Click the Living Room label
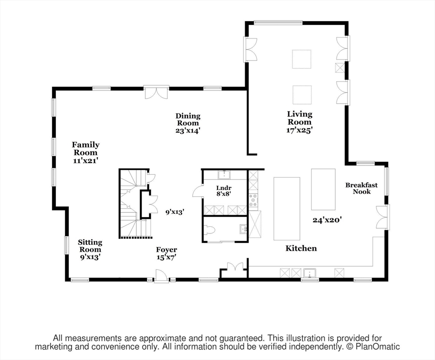point(300,118)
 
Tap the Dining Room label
point(188,120)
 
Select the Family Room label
point(85,149)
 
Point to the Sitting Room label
point(90,246)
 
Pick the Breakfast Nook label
point(361,188)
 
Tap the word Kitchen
point(301,248)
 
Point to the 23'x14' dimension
point(188,131)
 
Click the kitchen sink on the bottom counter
point(310,273)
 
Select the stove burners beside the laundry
point(254,201)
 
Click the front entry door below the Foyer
point(161,277)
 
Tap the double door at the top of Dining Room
point(156,92)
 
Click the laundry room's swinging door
point(197,191)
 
